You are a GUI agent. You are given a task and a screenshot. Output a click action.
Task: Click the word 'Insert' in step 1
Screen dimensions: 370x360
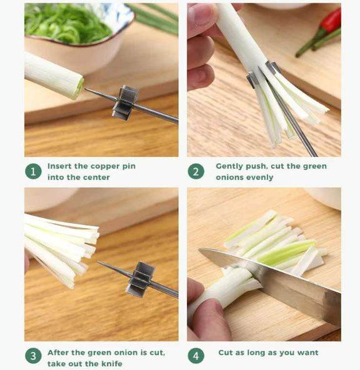59,166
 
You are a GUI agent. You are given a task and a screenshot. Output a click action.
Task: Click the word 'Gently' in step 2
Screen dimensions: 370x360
230,166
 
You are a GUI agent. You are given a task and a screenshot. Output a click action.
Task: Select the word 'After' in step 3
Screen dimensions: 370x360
58,352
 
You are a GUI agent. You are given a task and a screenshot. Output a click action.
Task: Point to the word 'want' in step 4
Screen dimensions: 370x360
307,352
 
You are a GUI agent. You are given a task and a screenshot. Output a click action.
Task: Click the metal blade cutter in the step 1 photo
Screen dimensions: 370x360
125,102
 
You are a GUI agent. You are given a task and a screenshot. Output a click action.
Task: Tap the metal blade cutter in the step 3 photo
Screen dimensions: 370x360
140,279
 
